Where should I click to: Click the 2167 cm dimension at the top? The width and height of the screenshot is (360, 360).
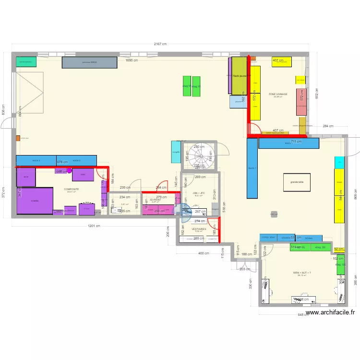point(160,44)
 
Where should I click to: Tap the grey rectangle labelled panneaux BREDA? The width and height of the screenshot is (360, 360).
point(90,62)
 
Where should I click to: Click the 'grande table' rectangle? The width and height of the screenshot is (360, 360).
point(294,182)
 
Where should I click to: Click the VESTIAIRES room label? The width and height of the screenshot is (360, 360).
point(199,230)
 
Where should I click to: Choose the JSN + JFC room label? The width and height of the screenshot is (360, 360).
point(199,193)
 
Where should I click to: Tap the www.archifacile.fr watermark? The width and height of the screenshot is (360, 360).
point(330,312)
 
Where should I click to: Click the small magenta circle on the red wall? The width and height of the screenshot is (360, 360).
point(69,170)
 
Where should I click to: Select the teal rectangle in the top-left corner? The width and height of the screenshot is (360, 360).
point(26,61)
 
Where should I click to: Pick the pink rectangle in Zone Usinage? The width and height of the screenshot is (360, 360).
point(301,102)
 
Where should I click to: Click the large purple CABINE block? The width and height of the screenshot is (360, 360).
point(35,201)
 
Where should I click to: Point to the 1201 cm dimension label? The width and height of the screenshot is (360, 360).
point(94,226)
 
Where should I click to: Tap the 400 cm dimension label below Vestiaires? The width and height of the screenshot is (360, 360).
point(204,253)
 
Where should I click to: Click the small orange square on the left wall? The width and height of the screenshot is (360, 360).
point(18,138)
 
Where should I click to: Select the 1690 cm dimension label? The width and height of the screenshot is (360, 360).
point(132,60)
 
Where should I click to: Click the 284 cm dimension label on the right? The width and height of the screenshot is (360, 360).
point(328,126)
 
